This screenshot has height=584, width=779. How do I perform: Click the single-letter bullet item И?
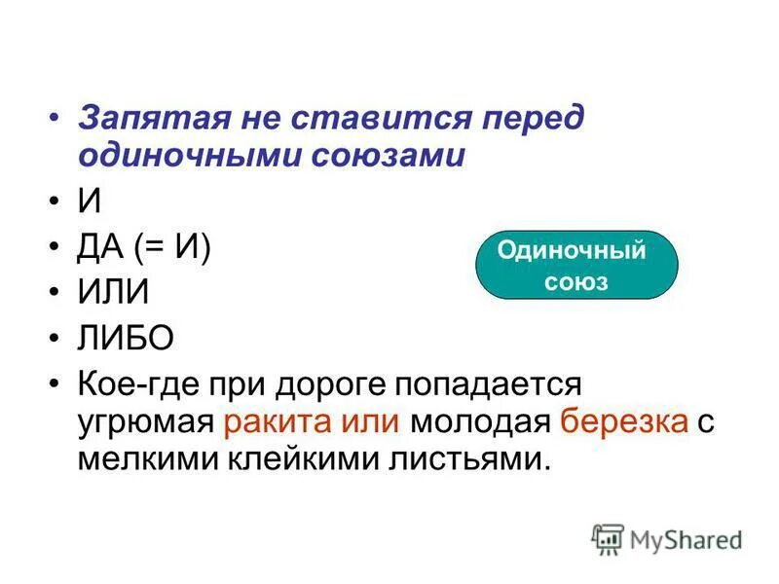pyautogui.click(x=89, y=201)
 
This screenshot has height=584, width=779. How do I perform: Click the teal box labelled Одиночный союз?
pyautogui.click(x=576, y=264)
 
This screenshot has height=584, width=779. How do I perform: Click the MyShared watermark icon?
pyautogui.click(x=608, y=538)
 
